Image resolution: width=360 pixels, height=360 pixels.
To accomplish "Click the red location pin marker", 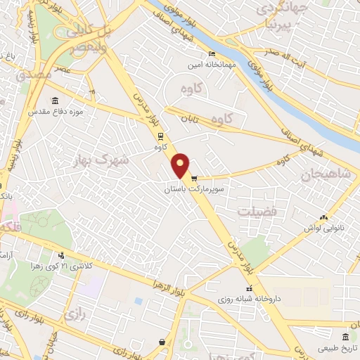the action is click(181, 165).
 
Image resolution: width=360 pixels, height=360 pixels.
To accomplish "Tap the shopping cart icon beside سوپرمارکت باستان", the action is click(193, 179).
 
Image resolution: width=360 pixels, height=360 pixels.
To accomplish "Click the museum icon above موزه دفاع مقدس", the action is click(56, 101).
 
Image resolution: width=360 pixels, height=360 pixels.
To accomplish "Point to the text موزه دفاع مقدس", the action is click(56, 112).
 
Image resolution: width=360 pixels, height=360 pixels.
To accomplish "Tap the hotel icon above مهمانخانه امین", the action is click(212, 54).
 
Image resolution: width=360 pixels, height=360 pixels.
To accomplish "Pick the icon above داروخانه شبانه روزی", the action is click(249, 288).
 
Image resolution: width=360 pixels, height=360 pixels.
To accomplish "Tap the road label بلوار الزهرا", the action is click(162, 283).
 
